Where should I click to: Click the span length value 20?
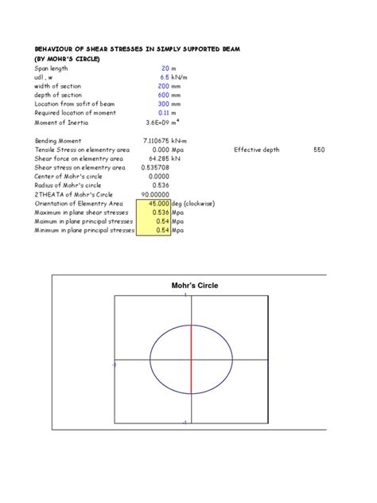click(165, 69)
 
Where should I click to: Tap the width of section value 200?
click(164, 87)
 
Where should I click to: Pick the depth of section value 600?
click(164, 96)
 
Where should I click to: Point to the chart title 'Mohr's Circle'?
click(195, 286)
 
